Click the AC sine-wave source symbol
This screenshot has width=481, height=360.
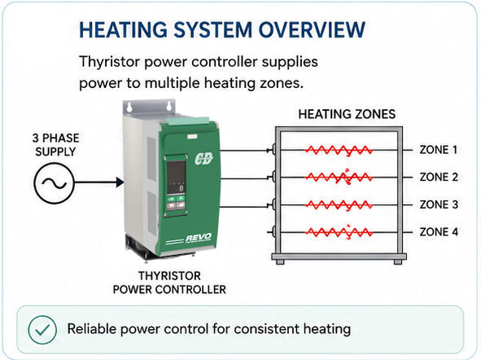coord(54,183)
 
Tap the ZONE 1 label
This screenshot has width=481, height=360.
coord(439,150)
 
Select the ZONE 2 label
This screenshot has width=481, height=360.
coord(439,177)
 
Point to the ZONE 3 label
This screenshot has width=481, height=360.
coord(439,204)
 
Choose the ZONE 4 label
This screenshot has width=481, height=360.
coord(439,231)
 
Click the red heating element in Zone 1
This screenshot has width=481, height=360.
coord(339,151)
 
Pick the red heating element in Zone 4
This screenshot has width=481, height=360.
coord(339,232)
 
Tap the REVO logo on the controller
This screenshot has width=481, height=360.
coord(199,238)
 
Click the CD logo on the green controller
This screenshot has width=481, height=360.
coord(203,159)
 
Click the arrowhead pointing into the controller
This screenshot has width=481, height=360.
coord(120,182)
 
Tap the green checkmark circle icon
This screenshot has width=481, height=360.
coord(42,330)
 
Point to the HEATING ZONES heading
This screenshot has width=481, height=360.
coord(347,114)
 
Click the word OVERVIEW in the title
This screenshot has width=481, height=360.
coord(312,30)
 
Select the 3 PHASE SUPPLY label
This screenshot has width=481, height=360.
coord(55,144)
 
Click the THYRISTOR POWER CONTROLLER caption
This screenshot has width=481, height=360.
coord(169,283)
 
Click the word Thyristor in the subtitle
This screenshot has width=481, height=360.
coord(110,62)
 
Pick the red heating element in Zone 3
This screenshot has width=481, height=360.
coord(339,205)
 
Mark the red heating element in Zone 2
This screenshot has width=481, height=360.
coord(339,177)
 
